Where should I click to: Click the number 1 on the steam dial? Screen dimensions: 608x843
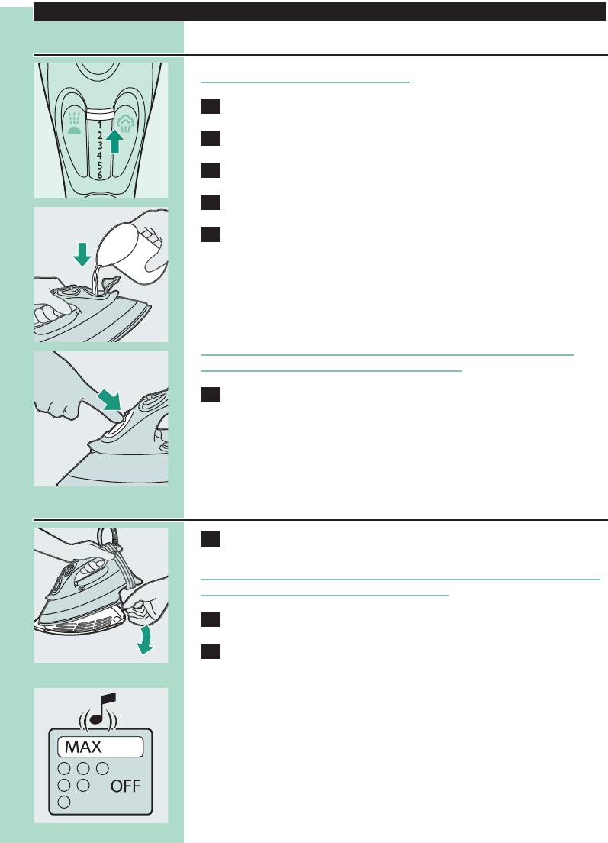100,126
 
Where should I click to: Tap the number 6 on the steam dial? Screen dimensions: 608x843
100,175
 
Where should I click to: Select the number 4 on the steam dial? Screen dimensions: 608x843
100,155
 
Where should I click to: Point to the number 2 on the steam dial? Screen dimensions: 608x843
100,135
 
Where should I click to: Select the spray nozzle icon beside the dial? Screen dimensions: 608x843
74,123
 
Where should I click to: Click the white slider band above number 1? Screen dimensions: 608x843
100,114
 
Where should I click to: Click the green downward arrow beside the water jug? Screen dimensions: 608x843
82,254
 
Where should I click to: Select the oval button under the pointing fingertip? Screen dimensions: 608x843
116,429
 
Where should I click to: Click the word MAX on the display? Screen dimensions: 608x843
83,747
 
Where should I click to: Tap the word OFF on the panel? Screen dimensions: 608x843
125,786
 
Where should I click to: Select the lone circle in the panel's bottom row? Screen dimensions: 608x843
64,802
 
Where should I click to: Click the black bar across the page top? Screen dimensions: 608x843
320,11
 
